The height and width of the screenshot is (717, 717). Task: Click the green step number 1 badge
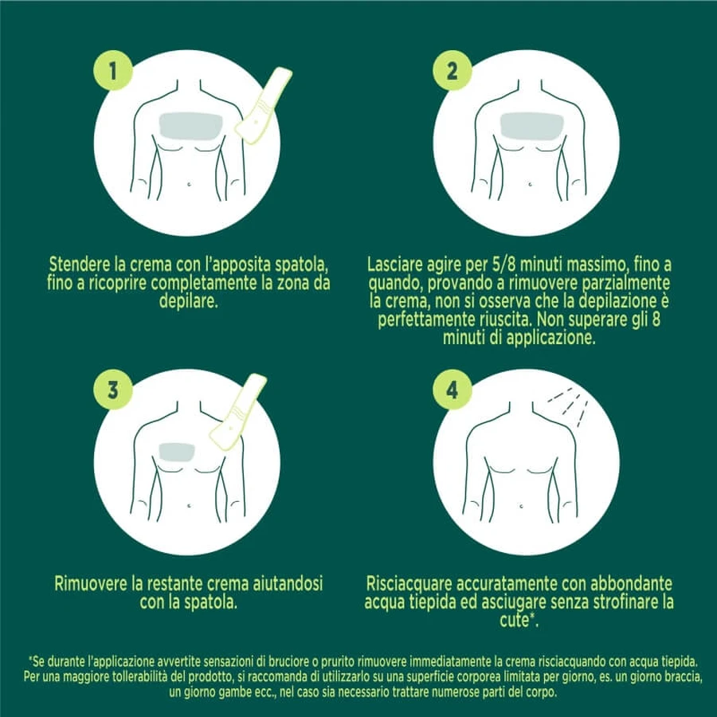(x=113, y=70)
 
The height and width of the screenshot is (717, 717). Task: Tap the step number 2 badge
(x=453, y=70)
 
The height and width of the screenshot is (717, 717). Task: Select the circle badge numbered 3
(x=113, y=390)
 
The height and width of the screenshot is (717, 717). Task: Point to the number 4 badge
(x=453, y=390)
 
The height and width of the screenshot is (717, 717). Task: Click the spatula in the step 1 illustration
(x=263, y=106)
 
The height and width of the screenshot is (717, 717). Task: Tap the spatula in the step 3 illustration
(x=237, y=412)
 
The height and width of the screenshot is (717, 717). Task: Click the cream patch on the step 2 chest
(x=531, y=126)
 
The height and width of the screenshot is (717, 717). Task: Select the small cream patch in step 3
(x=177, y=453)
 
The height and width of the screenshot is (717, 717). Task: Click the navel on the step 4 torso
(x=522, y=506)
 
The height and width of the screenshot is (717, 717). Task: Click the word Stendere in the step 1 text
(x=79, y=264)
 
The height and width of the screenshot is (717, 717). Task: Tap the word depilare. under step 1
(x=188, y=302)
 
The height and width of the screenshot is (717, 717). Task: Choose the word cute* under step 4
(x=519, y=620)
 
